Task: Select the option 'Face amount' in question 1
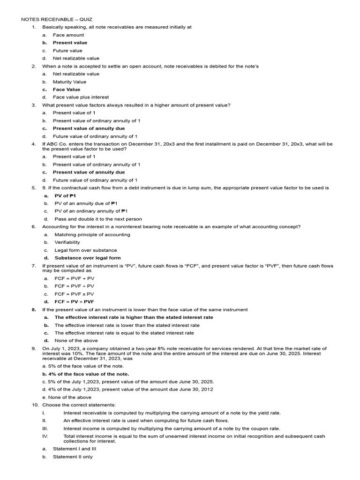(x=68, y=35)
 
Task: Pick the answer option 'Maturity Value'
(x=69, y=82)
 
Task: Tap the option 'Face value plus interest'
(x=81, y=97)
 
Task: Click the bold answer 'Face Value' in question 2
(x=67, y=90)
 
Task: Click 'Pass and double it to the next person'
(x=98, y=219)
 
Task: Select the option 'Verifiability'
(x=67, y=242)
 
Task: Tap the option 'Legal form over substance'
(x=86, y=250)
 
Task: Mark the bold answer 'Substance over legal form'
(x=88, y=258)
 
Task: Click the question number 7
(x=34, y=266)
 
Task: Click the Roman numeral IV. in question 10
(x=45, y=436)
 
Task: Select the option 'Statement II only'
(x=73, y=457)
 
